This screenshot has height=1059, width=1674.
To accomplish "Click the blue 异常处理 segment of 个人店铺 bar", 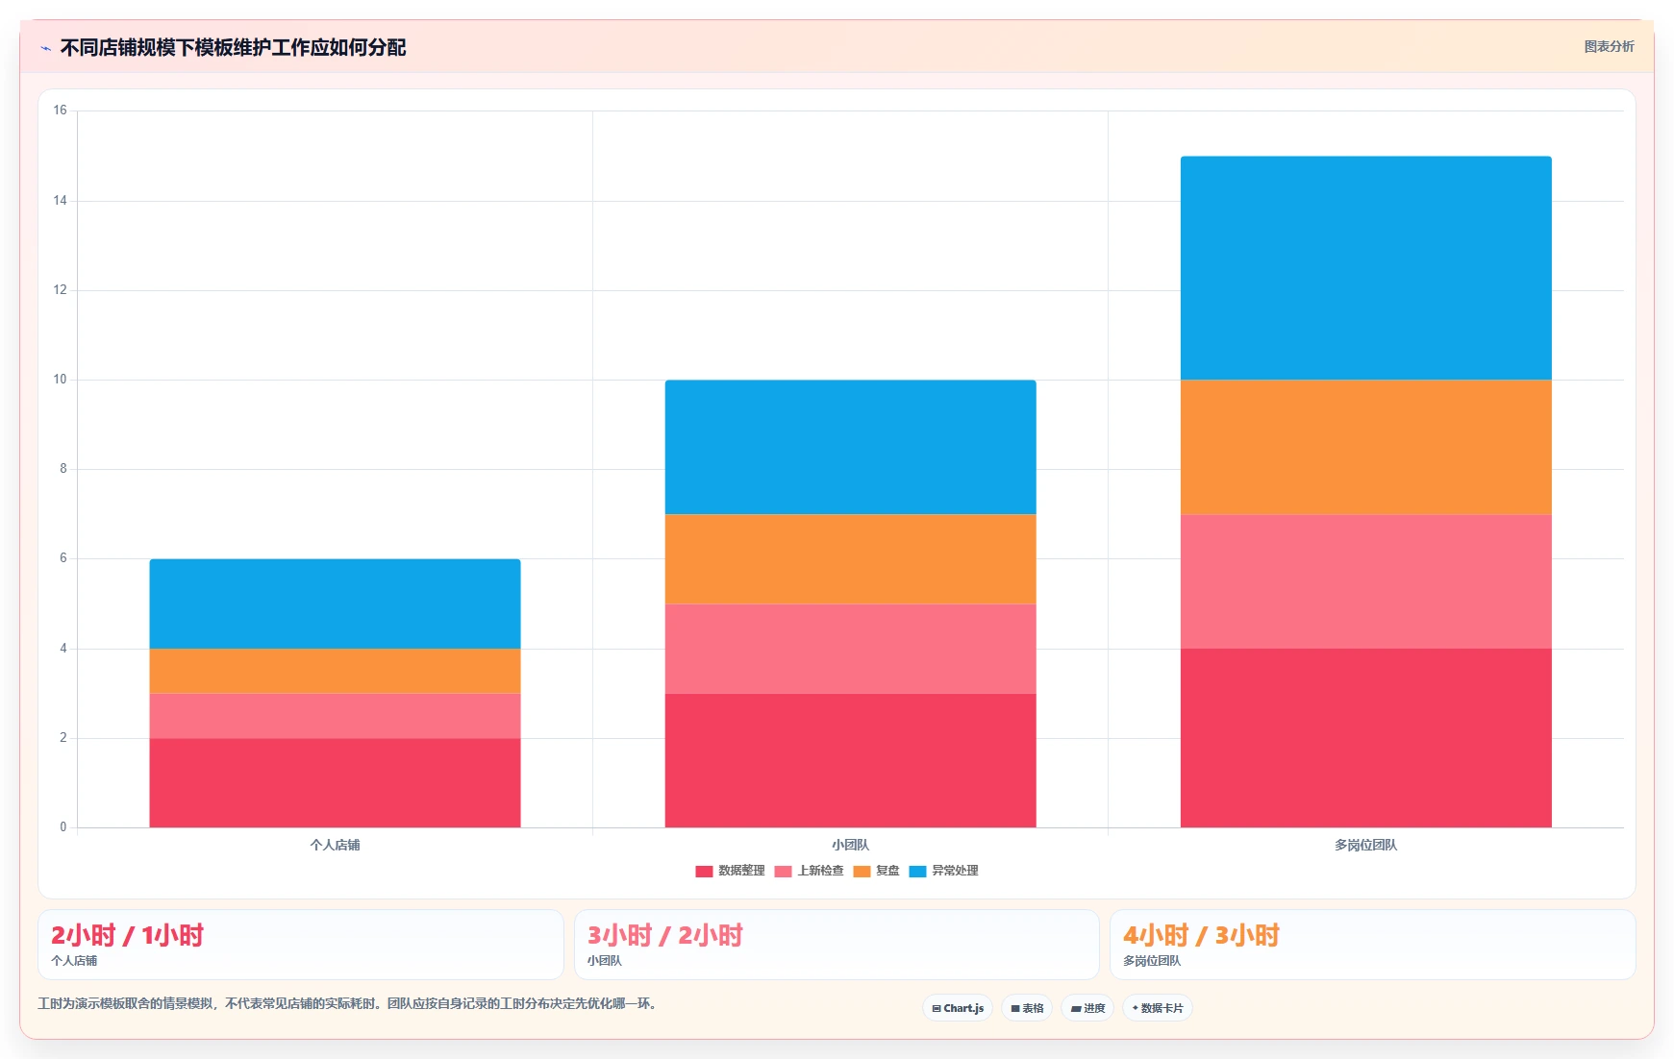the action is click(x=335, y=603).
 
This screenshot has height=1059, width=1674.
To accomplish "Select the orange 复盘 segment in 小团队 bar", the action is click(x=850, y=559).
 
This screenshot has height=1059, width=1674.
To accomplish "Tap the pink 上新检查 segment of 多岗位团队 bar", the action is click(x=1365, y=581).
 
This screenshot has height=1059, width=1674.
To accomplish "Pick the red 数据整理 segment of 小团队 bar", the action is click(x=850, y=760).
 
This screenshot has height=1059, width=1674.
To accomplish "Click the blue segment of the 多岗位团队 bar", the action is click(x=1365, y=268).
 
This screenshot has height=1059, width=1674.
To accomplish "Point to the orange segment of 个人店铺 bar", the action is click(x=335, y=671).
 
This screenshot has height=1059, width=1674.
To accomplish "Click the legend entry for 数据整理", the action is click(x=730, y=871).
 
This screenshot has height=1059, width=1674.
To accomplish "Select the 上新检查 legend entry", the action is click(x=809, y=871).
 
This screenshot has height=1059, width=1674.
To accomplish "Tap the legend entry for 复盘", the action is click(x=876, y=871).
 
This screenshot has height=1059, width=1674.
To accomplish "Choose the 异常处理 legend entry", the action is click(x=943, y=871).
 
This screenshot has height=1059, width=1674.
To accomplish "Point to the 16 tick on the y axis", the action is click(x=60, y=111).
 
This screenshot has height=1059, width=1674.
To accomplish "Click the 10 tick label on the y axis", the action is click(x=60, y=380).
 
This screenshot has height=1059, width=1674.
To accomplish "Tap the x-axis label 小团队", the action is click(x=850, y=845).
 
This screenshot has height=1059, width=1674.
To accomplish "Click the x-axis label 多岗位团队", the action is click(x=1365, y=845).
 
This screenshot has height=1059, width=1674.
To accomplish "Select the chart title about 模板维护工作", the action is click(x=233, y=47).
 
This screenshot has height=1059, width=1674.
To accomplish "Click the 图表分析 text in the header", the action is click(x=1609, y=46).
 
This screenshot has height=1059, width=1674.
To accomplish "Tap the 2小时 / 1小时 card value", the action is click(x=127, y=935).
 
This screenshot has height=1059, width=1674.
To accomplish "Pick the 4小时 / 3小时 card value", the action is click(x=1201, y=935).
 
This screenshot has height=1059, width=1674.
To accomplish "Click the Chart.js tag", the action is click(x=958, y=1008).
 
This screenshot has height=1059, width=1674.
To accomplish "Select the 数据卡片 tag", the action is click(x=1158, y=1008).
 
